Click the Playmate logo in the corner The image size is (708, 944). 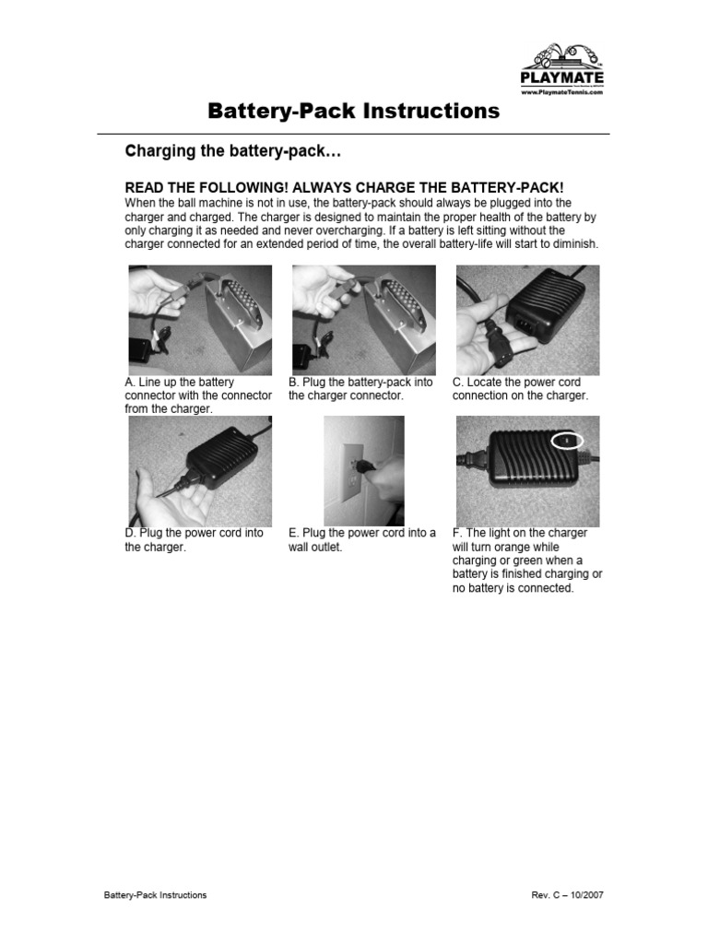pos(561,65)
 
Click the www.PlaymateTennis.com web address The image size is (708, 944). pos(561,93)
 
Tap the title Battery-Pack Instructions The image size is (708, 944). pos(353,112)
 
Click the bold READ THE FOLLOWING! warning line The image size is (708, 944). pos(344,186)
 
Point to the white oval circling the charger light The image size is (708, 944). pos(567,442)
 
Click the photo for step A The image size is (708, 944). pos(200,319)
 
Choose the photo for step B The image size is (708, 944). pos(363,319)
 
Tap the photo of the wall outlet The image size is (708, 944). pos(363,470)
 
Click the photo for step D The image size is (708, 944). pos(200,470)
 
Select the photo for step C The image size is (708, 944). pos(527,319)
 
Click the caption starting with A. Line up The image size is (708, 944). pos(198,395)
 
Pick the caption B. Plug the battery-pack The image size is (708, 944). pos(360,389)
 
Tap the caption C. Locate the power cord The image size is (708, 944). pos(520,389)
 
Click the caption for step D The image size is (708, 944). pos(194,540)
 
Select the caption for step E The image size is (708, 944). pos(361,540)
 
